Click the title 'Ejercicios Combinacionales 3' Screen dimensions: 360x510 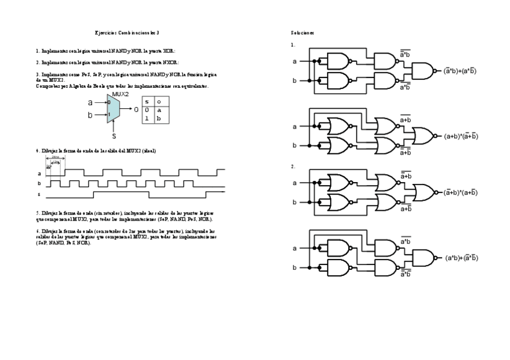(x=127, y=32)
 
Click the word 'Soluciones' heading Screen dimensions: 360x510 (x=302, y=32)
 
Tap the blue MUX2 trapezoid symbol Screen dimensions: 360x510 (x=114, y=109)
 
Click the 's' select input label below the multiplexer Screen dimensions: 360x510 (x=114, y=136)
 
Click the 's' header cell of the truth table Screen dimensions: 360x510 (x=147, y=102)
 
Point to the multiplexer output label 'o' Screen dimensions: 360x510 (x=137, y=110)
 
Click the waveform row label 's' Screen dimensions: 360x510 (x=38, y=194)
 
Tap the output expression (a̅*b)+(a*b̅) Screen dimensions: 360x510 (x=461, y=71)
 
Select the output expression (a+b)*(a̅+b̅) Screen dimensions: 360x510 (x=461, y=136)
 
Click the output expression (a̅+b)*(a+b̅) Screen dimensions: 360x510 (x=461, y=193)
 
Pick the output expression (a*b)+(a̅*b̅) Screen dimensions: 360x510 (x=462, y=258)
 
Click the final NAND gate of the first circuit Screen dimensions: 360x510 (x=423, y=71)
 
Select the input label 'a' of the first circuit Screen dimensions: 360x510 (x=294, y=61)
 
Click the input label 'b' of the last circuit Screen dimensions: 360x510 (x=294, y=267)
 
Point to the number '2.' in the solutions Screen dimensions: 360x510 (x=293, y=166)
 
